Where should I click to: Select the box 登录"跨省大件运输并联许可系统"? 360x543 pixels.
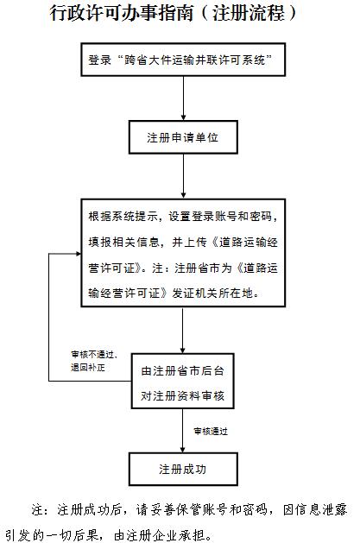tap(180, 61)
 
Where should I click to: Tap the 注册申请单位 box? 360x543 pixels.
tap(183, 137)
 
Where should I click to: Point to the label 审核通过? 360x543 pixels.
tap(212, 430)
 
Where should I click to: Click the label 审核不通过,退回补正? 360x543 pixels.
tap(93, 360)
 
